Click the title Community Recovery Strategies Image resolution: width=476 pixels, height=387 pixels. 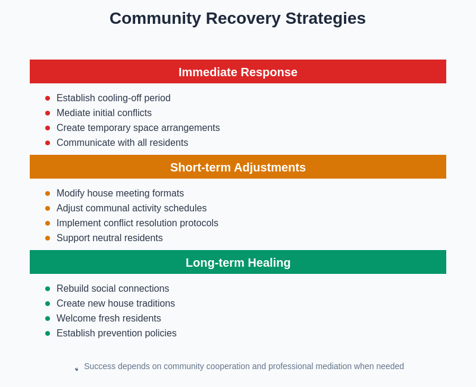[237, 18]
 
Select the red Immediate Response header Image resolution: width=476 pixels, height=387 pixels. [238, 72]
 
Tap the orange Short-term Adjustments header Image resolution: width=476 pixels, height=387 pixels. [238, 167]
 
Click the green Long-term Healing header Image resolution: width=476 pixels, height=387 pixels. [238, 263]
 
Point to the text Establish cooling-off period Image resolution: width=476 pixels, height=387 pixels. [113, 98]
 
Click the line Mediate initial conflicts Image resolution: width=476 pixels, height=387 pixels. [104, 113]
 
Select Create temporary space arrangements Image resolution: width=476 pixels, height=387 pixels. [138, 128]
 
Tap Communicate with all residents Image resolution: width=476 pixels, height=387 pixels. [122, 143]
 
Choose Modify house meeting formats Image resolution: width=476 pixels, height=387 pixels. [120, 193]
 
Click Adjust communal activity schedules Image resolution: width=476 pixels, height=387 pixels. [131, 208]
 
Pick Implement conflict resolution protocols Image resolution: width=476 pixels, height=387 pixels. [137, 223]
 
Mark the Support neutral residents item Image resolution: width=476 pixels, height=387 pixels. [109, 238]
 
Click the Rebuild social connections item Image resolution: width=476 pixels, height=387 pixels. [112, 289]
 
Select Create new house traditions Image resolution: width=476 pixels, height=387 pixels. [115, 304]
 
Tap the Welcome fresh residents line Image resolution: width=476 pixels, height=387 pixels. [109, 319]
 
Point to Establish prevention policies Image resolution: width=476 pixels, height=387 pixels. [117, 333]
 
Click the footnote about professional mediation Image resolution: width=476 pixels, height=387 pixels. [244, 366]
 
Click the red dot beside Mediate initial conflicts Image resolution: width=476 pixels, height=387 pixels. [48, 113]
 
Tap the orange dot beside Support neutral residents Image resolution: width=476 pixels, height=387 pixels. [48, 238]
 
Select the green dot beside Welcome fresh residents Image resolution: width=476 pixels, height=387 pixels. [48, 319]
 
